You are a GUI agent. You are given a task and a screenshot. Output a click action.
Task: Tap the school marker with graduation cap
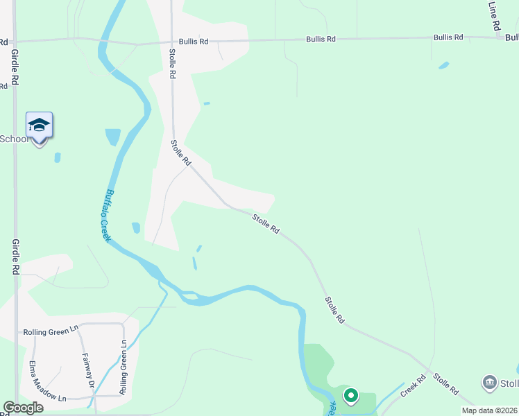pos(39,126)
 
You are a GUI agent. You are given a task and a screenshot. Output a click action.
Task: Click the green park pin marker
pos(350,397)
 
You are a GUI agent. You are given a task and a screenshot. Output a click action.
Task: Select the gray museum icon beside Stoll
pos(491,383)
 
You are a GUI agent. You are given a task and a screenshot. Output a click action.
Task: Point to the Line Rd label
pos(495,15)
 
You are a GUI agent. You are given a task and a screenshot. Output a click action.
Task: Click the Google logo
pos(23,408)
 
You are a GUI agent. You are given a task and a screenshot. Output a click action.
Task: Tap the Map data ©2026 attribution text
pos(489,410)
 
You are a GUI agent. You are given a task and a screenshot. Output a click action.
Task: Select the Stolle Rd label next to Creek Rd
pos(445,383)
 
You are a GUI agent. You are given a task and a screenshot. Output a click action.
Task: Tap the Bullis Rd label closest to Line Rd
pos(448,37)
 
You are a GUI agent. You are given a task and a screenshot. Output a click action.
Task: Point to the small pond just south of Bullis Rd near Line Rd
pos(443,66)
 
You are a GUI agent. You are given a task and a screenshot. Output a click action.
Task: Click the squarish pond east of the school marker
pos(112,137)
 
